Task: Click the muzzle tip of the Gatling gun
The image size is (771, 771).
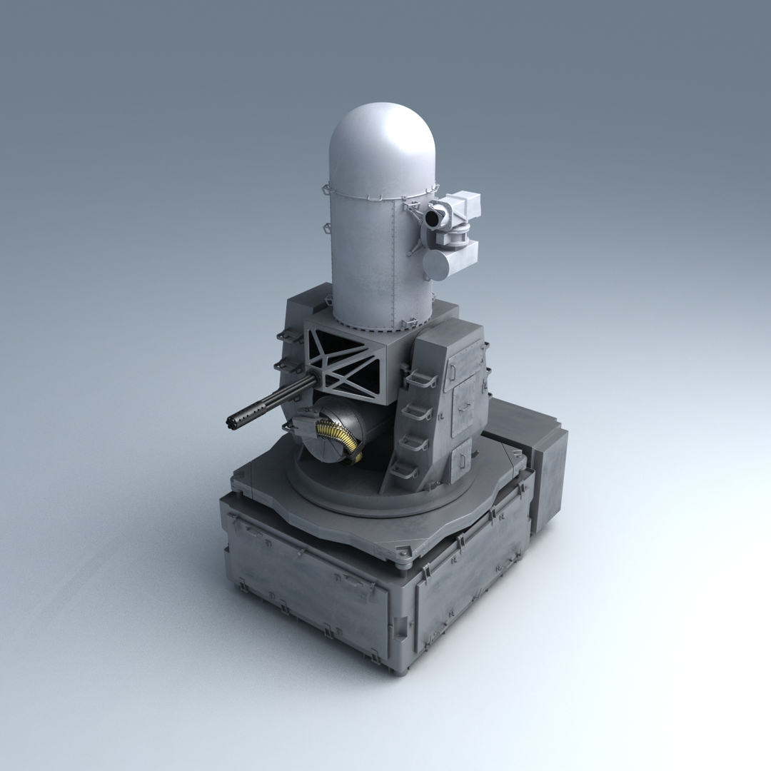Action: (x=232, y=421)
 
